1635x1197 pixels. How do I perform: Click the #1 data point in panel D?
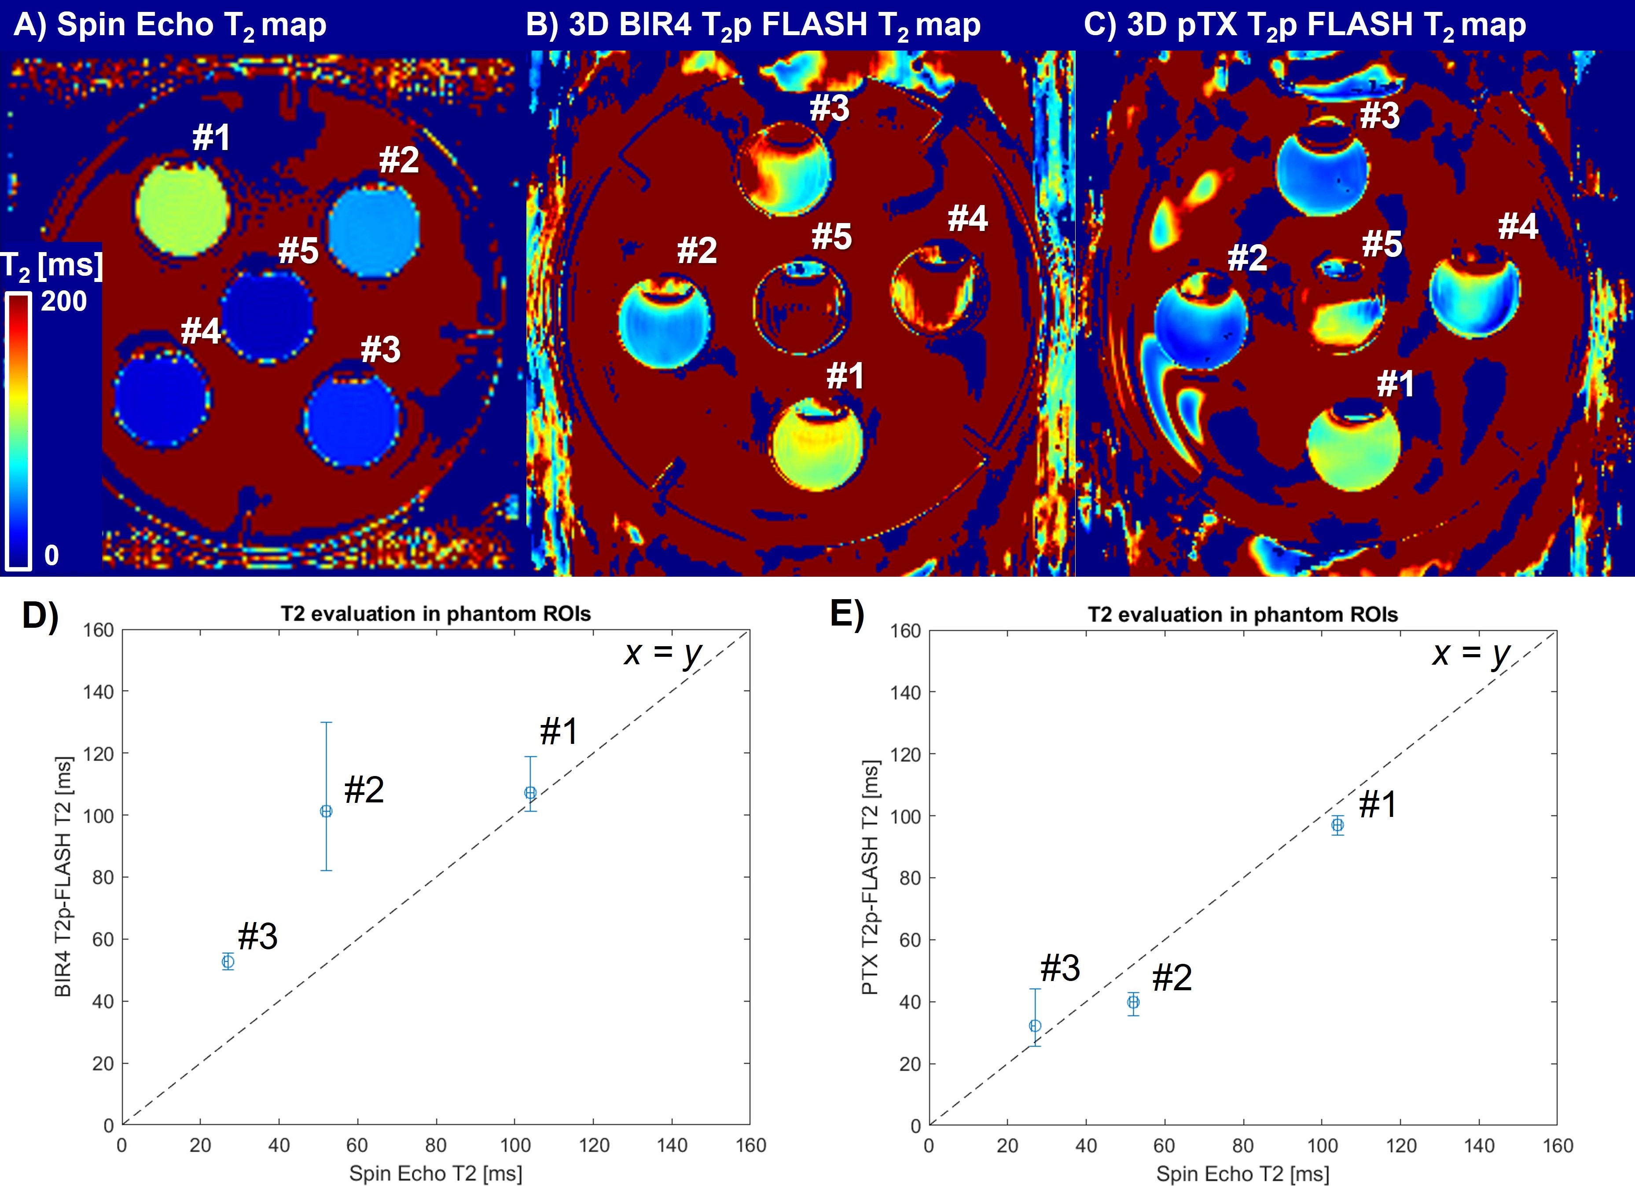tap(530, 793)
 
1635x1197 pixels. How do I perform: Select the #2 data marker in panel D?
tap(326, 812)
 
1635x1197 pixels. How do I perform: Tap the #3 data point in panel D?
tap(228, 962)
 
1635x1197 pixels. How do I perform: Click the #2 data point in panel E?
tap(1133, 1002)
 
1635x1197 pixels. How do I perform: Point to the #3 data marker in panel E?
tap(1035, 1026)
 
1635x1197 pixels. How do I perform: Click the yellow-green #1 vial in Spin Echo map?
tap(183, 209)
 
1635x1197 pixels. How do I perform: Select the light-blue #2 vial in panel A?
tap(374, 231)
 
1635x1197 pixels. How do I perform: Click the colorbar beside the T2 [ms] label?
tap(18, 431)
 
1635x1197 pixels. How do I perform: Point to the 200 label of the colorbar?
tap(64, 301)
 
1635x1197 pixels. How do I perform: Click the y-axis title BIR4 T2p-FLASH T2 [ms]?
tap(64, 877)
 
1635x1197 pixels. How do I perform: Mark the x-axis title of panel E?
tap(1242, 1174)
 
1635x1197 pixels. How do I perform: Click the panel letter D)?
tap(40, 616)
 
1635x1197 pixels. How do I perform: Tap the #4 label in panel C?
tap(1517, 227)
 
